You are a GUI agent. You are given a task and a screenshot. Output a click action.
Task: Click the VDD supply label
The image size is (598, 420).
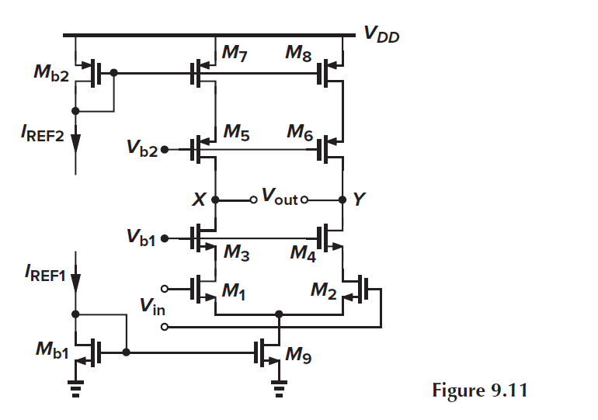point(381,33)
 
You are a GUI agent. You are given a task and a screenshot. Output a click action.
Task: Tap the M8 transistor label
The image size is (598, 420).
point(298,53)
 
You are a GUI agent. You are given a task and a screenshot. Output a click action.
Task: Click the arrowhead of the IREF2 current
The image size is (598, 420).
point(76,142)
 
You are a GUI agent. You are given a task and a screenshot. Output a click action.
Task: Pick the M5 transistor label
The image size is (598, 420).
point(235,132)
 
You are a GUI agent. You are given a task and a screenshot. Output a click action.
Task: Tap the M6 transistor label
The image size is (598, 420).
point(300,133)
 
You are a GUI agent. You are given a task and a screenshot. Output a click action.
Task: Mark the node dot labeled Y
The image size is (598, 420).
point(342,199)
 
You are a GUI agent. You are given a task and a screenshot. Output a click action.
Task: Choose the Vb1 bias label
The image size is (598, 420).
point(142,238)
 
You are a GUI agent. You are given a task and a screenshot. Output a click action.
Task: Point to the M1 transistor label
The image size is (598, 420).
point(235,291)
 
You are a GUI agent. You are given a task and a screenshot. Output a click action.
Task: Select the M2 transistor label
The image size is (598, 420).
point(323,291)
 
